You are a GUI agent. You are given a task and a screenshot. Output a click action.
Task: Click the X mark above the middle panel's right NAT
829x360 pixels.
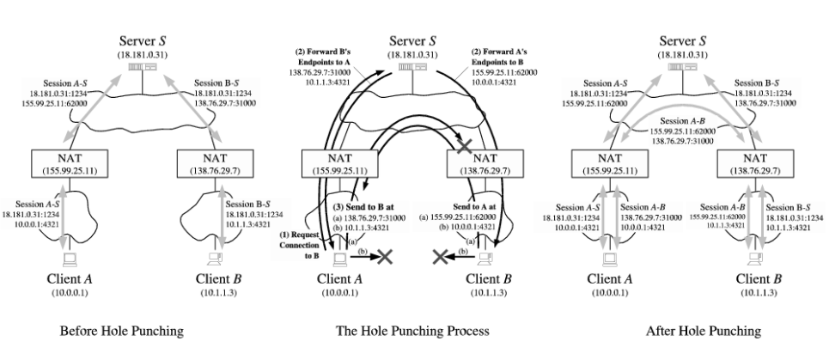coord(466,147)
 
